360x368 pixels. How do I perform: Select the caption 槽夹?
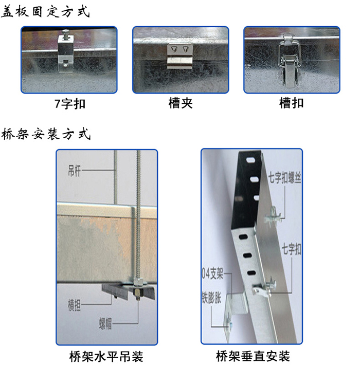pos(181,103)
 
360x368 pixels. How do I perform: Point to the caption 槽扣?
pos(291,103)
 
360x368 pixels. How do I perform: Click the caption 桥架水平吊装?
pos(106,356)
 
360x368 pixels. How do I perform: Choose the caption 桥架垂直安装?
pos(253,356)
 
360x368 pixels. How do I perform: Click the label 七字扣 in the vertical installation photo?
pos(292,250)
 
